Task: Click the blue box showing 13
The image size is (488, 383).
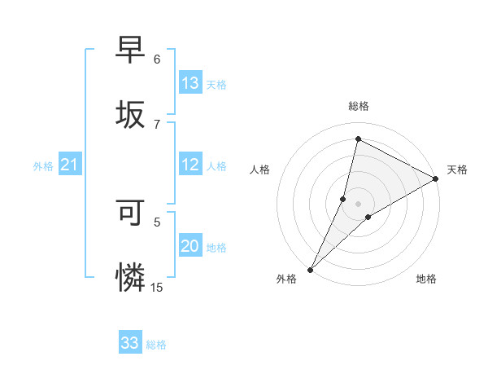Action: point(190,83)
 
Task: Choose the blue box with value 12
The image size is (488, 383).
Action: point(190,165)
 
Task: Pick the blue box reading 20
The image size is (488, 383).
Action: point(190,246)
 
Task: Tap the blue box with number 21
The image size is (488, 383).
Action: point(70,165)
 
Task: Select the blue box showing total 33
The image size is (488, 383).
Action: point(130,343)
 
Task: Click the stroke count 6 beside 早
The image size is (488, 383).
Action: point(157,59)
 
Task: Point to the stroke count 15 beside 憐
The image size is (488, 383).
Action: point(157,287)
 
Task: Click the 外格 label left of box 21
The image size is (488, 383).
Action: point(43,166)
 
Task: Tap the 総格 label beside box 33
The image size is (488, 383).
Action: point(156,345)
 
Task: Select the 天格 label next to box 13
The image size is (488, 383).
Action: point(216,85)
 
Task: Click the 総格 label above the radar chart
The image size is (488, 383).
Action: point(359,106)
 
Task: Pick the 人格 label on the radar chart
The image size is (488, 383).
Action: point(259,169)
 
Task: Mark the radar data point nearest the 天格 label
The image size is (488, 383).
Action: point(436,179)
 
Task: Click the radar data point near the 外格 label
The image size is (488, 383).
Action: point(310,269)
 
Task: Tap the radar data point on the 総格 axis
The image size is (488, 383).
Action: point(358,139)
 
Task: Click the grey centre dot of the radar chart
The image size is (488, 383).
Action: point(358,203)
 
